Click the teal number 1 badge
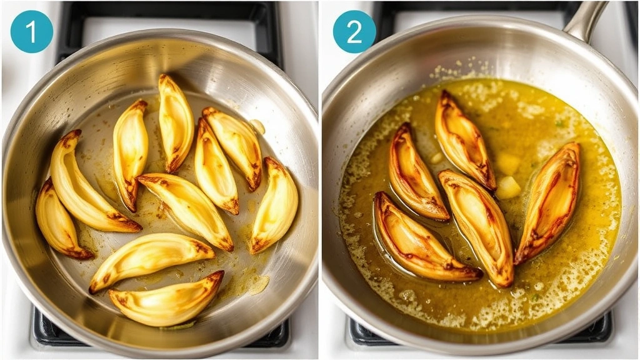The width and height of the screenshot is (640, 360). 31,31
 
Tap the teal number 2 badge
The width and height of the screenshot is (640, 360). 354,31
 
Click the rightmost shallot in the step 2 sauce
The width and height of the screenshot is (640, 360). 548,202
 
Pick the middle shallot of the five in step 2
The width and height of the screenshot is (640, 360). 477,225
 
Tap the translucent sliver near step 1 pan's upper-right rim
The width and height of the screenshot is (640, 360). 257,126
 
